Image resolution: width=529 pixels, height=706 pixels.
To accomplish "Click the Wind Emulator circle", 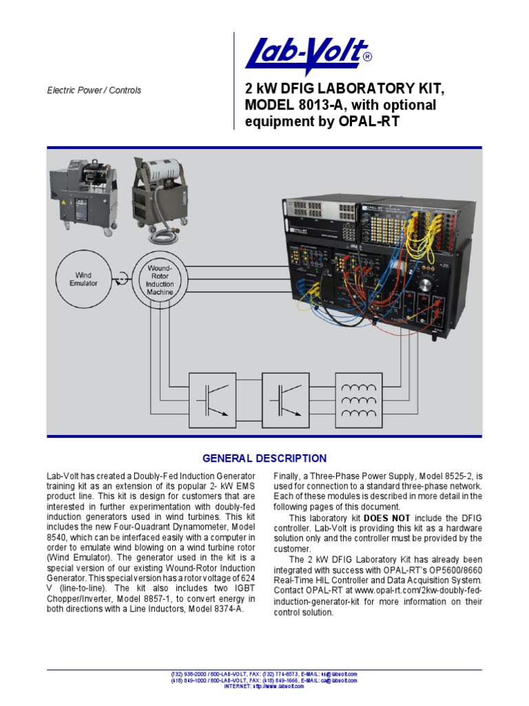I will pos(83,279).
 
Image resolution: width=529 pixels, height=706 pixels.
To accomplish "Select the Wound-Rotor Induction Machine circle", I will pos(160,279).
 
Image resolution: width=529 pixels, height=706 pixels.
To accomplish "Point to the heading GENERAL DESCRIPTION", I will pos(264,458).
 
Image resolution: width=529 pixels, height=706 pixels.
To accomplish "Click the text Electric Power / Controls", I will pos(94,90).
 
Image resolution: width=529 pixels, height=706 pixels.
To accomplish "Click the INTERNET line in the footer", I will pos(264,687).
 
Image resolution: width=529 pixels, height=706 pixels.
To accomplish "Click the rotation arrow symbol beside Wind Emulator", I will pos(121,279).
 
